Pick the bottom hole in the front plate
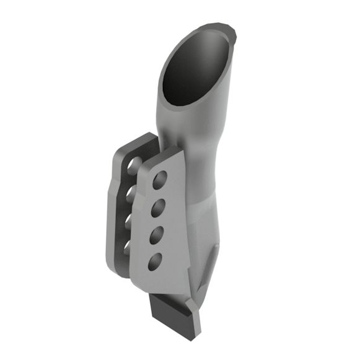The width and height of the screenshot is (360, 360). click(154, 261)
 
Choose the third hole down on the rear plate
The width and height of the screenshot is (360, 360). click(130, 221)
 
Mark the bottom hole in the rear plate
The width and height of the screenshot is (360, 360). click(128, 247)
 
